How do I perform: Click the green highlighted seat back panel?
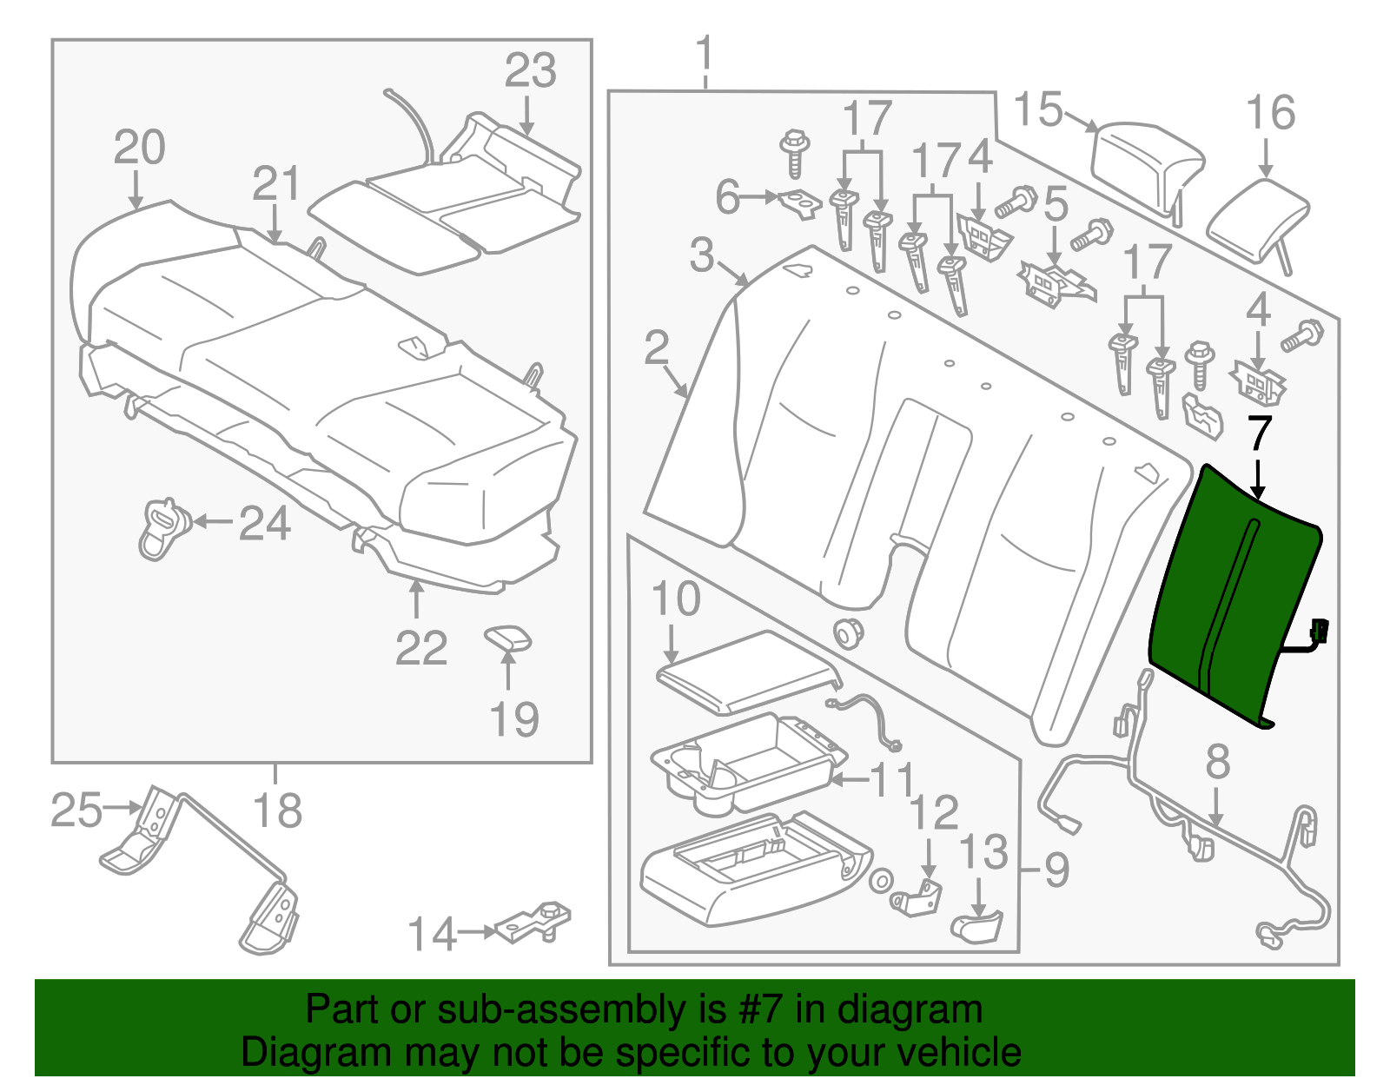click(1234, 599)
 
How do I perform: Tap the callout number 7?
click(1259, 433)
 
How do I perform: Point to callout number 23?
click(530, 71)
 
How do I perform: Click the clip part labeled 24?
click(162, 526)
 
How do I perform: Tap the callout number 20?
click(139, 148)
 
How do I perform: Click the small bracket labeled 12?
click(918, 896)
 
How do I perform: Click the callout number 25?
click(76, 810)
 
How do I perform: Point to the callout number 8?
click(1217, 762)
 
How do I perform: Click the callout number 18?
click(277, 810)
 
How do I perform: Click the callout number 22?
click(421, 648)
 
